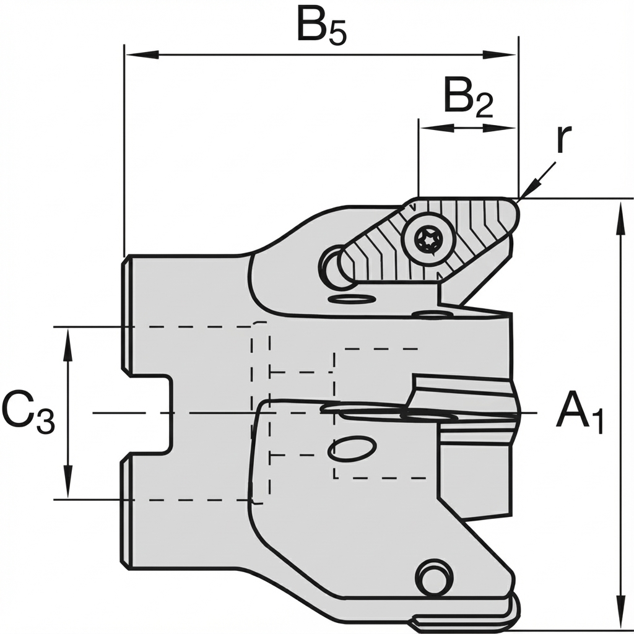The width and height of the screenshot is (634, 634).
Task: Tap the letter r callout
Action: (560, 139)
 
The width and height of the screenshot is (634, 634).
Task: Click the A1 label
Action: (579, 413)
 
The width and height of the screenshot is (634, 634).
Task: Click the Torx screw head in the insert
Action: (427, 239)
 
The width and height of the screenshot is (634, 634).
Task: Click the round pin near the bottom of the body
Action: (433, 577)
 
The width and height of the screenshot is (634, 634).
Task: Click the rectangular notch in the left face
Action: (149, 414)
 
